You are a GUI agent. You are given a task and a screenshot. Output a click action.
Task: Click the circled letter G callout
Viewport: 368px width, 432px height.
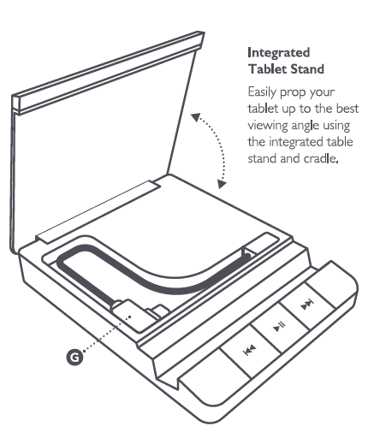[x=75, y=357]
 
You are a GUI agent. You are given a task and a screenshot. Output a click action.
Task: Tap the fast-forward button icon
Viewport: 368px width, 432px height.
[x=307, y=305]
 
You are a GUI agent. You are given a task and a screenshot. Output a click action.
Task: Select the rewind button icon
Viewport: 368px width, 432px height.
[x=249, y=350]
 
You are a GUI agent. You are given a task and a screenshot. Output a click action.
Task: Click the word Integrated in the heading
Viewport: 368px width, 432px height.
[x=278, y=53]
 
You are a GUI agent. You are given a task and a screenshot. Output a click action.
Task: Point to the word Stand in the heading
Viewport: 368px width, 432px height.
[x=307, y=69]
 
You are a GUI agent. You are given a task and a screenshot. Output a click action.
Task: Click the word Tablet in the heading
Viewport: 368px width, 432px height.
[x=268, y=69]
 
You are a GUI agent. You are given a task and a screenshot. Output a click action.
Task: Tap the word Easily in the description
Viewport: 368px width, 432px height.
[x=262, y=92]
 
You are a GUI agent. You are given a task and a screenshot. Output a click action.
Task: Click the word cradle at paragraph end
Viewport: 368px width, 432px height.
[x=321, y=158]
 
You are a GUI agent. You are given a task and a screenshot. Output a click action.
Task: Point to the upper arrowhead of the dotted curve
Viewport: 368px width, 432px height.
[x=196, y=117]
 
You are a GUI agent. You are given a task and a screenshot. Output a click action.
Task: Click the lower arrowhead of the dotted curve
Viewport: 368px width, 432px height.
[x=222, y=184]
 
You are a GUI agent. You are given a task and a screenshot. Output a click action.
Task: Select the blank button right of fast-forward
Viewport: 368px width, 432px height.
[x=332, y=285]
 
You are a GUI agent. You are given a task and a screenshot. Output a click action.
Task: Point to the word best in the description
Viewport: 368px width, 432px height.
[x=347, y=109]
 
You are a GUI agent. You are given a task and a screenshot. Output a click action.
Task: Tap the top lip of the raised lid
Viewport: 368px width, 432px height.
[x=109, y=71]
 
